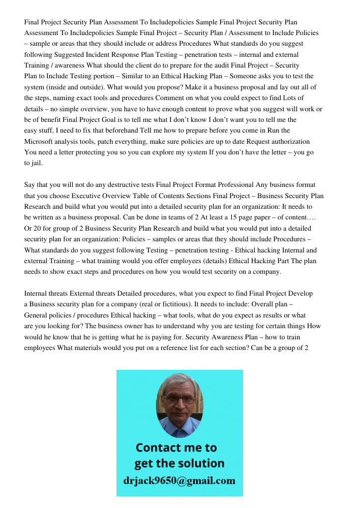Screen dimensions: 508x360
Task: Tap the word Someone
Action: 247,76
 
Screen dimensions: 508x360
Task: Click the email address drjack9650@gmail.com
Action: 179,481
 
